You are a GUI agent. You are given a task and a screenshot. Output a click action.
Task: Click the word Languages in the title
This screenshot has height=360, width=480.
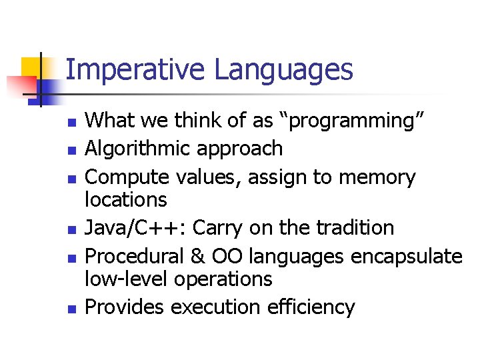pyautogui.click(x=283, y=70)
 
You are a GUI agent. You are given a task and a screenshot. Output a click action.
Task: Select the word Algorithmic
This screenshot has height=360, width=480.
pyautogui.click(x=139, y=148)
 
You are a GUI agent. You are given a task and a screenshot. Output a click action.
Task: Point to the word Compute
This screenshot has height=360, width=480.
pyautogui.click(x=124, y=177)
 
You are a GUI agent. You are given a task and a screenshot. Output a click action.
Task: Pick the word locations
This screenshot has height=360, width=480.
pyautogui.click(x=127, y=199)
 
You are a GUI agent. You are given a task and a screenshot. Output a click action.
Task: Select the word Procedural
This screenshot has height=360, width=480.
pyautogui.click(x=135, y=257)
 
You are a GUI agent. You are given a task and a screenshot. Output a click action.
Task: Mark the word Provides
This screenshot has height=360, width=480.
pyautogui.click(x=125, y=307)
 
